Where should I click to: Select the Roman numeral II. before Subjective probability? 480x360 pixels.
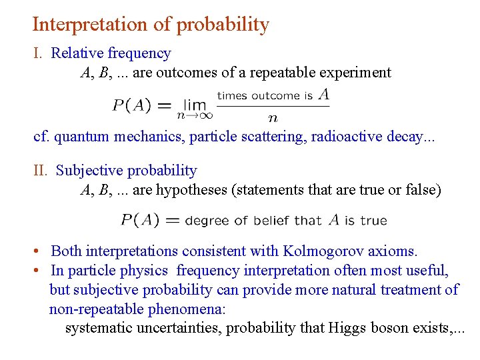(x=41, y=171)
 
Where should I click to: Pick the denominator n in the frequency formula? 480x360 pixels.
(x=273, y=119)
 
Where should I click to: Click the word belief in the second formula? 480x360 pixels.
(x=271, y=220)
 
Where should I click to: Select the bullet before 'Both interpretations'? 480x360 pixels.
(x=41, y=253)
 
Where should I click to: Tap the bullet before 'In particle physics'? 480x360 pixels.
(x=41, y=271)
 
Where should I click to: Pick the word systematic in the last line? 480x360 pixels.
(x=99, y=328)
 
